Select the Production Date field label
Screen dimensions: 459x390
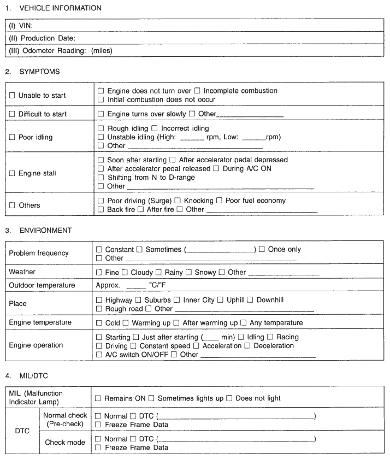[x=42, y=38]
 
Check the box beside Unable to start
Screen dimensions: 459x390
[x=12, y=96]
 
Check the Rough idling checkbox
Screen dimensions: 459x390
[x=100, y=128]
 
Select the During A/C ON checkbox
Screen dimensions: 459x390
[x=216, y=169]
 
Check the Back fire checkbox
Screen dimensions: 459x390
[x=100, y=210]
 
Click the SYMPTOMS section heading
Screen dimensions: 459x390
[x=39, y=72]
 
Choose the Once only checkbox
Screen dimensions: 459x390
[x=262, y=250]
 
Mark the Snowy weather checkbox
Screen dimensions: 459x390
[x=189, y=272]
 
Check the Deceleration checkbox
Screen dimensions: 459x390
[x=248, y=346]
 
